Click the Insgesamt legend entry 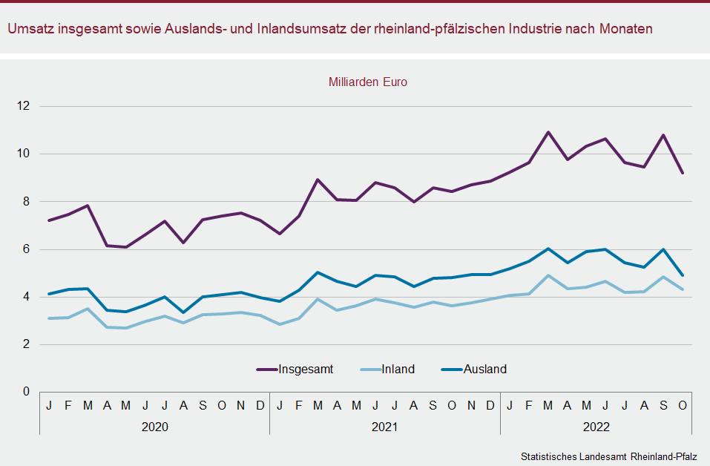click(x=305, y=369)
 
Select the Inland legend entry click(x=398, y=369)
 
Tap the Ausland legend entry click(x=484, y=369)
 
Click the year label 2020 click(x=154, y=427)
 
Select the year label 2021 click(x=384, y=427)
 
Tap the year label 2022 click(x=596, y=427)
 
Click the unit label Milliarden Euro click(x=368, y=82)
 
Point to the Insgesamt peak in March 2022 click(x=548, y=132)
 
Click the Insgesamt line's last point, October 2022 click(x=683, y=173)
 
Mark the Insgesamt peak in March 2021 click(x=318, y=180)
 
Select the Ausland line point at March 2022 click(x=548, y=249)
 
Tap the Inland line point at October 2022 click(x=683, y=289)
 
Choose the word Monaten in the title click(x=628, y=29)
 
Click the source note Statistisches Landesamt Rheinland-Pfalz click(x=609, y=455)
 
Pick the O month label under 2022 click(x=683, y=405)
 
